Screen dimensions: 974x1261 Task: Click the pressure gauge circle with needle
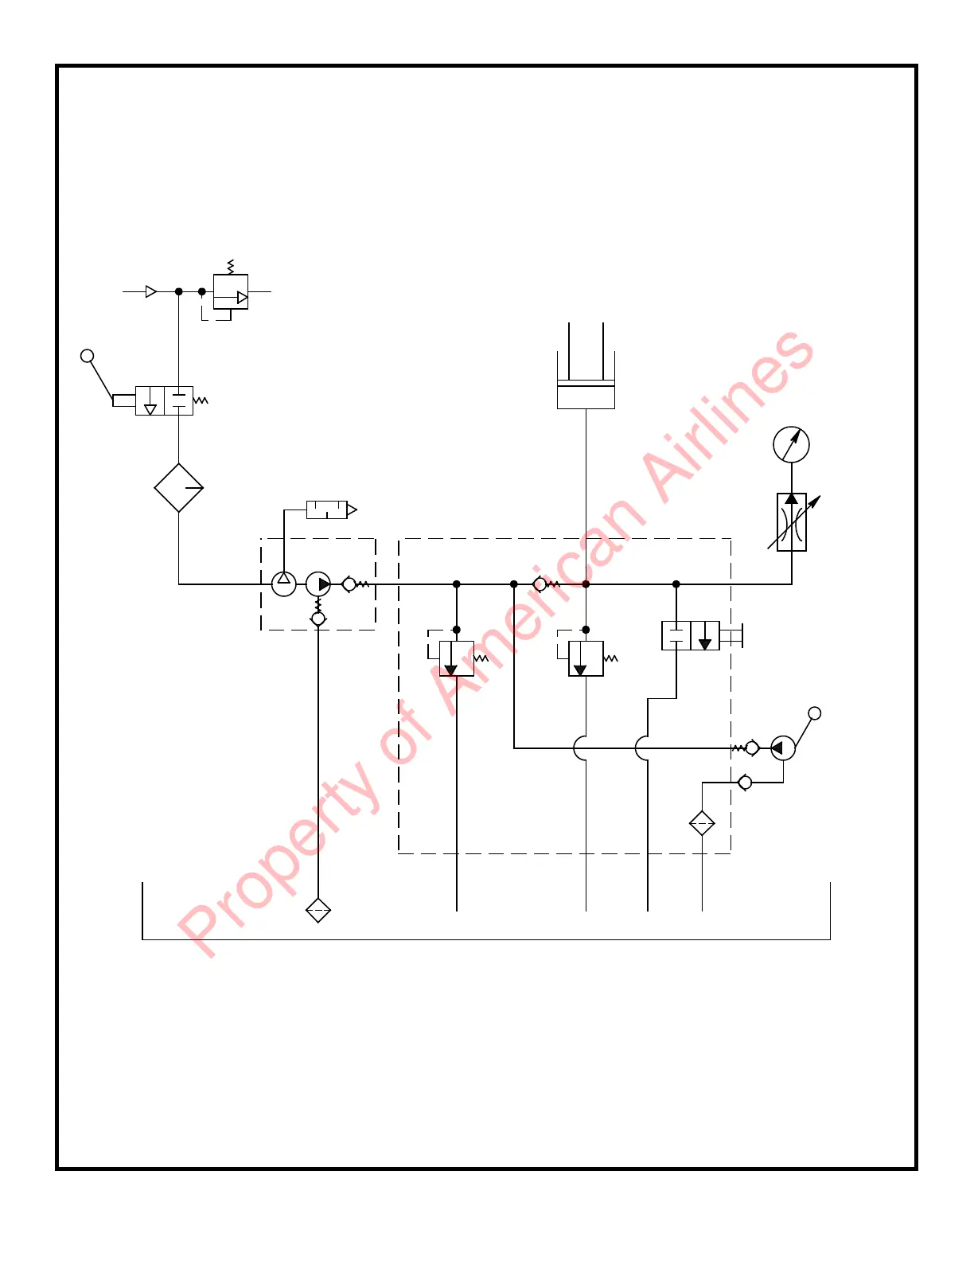coord(791,444)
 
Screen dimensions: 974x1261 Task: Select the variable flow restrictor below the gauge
coord(791,522)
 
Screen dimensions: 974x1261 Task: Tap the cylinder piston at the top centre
coord(586,394)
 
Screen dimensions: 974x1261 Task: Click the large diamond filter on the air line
coord(178,488)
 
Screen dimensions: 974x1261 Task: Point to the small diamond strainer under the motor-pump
coord(318,910)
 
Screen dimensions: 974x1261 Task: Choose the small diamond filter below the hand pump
coord(702,823)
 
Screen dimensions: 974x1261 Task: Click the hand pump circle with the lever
coord(782,748)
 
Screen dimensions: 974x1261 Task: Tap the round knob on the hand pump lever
coord(814,713)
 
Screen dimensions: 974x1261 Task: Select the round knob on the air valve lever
coord(88,356)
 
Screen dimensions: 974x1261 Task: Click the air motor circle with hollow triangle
coord(284,584)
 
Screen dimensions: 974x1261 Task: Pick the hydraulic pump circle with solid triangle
coord(318,584)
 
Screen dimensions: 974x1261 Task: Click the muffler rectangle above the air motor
coord(327,510)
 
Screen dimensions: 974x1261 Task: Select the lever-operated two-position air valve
coord(164,400)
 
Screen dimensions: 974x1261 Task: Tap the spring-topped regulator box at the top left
coord(231,291)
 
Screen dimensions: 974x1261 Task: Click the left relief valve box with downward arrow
coord(456,658)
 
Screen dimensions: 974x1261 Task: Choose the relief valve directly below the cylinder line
coord(586,658)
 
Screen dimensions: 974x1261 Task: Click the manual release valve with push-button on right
coord(691,636)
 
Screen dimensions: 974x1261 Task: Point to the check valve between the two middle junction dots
coord(541,584)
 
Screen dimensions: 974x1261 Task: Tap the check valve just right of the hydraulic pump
coord(350,584)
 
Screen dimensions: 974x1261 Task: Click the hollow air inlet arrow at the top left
coord(151,291)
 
